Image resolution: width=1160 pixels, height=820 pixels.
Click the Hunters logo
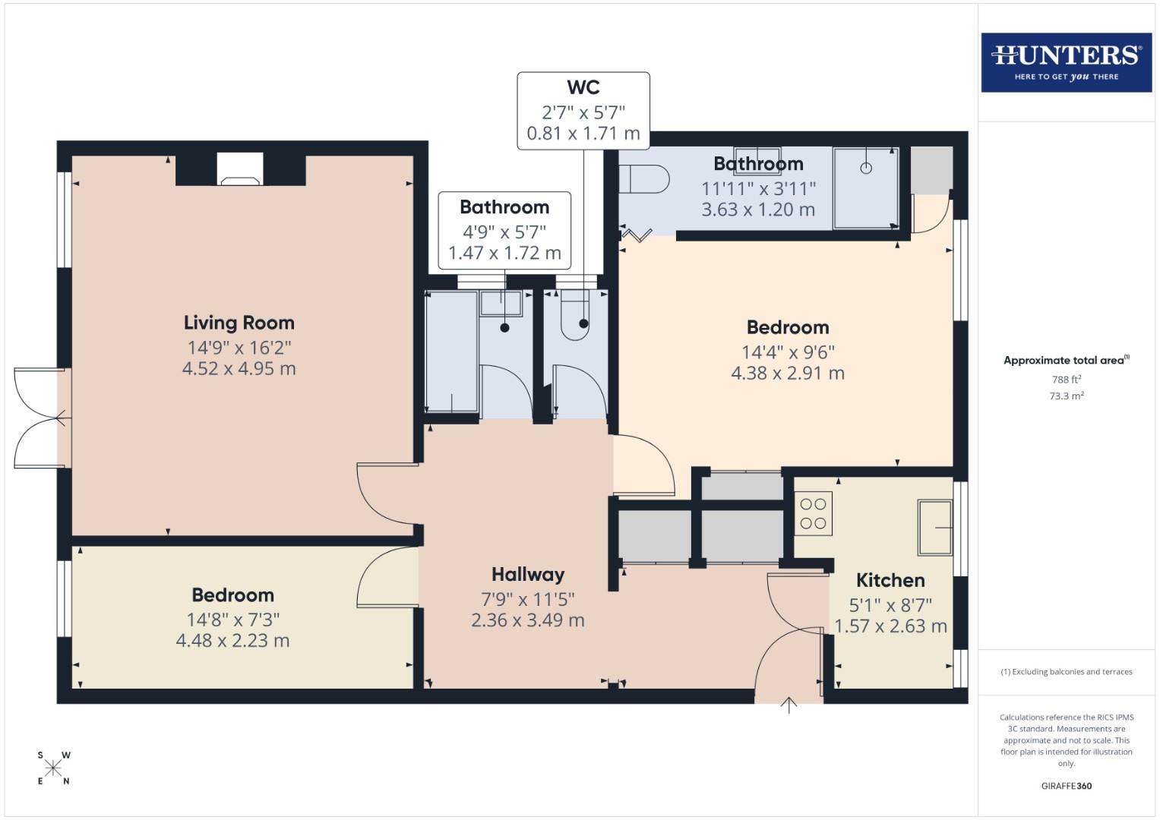(x=1066, y=62)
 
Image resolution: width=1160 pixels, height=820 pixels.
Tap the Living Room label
(x=239, y=323)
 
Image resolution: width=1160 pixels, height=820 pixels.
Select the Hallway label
(x=527, y=575)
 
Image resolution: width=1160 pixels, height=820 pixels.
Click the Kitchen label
(x=890, y=581)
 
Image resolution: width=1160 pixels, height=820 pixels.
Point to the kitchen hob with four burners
(x=813, y=513)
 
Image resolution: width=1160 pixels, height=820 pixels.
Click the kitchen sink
(x=934, y=527)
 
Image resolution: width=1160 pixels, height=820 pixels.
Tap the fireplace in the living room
(x=240, y=170)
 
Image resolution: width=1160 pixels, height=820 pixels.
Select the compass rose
(x=53, y=768)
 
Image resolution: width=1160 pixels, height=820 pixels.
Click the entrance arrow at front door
(x=789, y=705)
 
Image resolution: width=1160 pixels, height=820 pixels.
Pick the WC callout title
(x=583, y=87)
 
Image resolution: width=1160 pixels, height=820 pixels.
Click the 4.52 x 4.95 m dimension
(x=239, y=369)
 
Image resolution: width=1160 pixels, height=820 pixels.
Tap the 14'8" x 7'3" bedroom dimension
(x=232, y=620)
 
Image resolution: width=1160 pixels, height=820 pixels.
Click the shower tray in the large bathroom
(x=865, y=188)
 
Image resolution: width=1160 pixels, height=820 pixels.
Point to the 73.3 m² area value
(x=1066, y=396)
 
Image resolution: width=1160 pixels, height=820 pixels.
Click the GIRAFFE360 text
(x=1066, y=786)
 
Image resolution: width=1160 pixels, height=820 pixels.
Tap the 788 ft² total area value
(x=1066, y=379)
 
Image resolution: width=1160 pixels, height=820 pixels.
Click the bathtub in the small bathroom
(x=451, y=352)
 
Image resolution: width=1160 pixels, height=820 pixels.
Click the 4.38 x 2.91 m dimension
(x=787, y=374)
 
